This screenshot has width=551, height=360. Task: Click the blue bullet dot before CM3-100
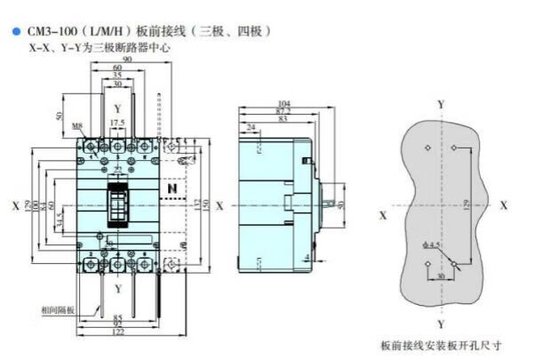15,31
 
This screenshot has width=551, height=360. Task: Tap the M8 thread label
79,126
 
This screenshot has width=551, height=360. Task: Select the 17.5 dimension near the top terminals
116,123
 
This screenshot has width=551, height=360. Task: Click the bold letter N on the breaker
172,189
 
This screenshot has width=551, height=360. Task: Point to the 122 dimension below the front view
117,331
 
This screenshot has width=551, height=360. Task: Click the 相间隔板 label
57,310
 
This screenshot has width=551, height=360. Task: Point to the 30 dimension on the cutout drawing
442,276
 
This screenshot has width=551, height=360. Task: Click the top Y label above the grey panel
442,105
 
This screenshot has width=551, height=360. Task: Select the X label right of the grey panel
504,204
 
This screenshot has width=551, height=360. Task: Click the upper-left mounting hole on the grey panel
428,147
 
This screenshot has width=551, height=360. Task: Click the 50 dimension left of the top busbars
60,116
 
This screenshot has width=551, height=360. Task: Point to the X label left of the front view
15,205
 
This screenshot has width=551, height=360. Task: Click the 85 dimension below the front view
116,313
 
